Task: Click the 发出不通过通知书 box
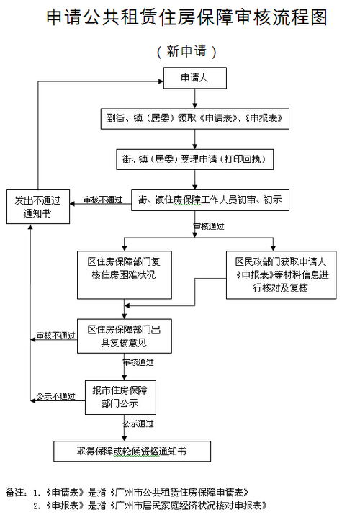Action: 38,207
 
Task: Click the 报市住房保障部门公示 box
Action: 120,397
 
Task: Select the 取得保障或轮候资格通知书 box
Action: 132,451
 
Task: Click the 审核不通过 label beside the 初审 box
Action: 102,200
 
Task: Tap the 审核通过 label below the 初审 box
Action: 209,226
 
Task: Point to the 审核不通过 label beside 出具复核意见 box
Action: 55,336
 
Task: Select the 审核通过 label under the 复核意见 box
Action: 138,363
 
